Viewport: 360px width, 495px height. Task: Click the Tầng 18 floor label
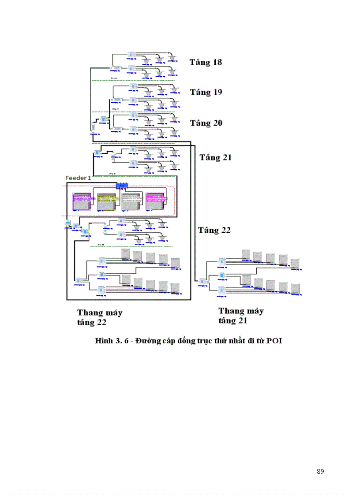pos(206,62)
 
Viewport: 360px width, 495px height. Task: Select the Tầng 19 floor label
pos(206,92)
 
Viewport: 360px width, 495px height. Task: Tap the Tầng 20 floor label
pos(206,123)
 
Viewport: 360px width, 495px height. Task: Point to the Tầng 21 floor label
pos(215,157)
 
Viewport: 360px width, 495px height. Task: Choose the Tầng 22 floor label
pos(214,230)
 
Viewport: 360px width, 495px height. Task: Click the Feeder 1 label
pos(79,178)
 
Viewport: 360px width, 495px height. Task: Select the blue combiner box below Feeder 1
pos(122,186)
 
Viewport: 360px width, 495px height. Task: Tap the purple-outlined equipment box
pos(83,201)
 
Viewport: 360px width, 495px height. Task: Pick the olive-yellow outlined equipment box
pos(107,201)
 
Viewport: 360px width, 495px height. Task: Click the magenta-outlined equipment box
pos(156,201)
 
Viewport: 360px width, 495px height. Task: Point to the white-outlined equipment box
pos(131,201)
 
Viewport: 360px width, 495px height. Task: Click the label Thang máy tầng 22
pos(100,317)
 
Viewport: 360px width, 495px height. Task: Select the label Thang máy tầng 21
pos(241,316)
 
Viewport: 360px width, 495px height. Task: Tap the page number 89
pos(320,472)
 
